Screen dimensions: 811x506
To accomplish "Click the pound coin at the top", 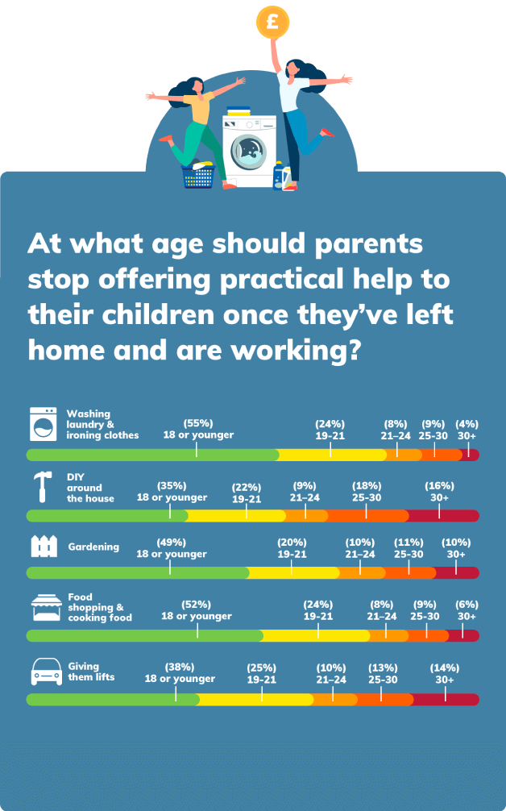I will [x=272, y=21].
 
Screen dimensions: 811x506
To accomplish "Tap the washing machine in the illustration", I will [x=249, y=149].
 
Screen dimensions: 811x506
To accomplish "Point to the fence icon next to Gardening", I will [x=44, y=547].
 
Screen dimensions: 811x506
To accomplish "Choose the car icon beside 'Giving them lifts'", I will [x=46, y=672].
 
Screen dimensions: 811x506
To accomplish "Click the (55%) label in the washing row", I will [x=197, y=423].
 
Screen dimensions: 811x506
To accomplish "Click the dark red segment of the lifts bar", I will [x=446, y=699].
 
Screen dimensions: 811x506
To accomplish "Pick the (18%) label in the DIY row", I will [x=367, y=486].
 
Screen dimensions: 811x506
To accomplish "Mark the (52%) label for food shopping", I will [x=197, y=605].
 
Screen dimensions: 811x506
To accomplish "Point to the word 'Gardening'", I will [x=93, y=547].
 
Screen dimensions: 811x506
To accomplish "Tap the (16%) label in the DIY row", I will [x=440, y=486].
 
